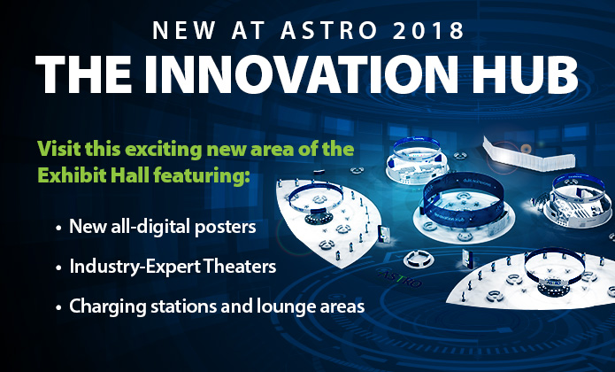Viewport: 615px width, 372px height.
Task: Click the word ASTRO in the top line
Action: pyautogui.click(x=328, y=30)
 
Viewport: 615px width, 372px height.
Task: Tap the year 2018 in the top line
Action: pyautogui.click(x=428, y=30)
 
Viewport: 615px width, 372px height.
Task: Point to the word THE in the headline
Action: pyautogui.click(x=84, y=74)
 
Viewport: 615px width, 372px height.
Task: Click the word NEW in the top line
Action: pyautogui.click(x=184, y=30)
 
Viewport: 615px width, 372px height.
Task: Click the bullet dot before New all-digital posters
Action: pyautogui.click(x=58, y=228)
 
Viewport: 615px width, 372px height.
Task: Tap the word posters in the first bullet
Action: pyautogui.click(x=226, y=227)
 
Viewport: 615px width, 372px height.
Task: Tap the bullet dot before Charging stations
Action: pyautogui.click(x=58, y=307)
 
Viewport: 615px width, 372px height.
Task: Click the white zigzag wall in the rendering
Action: pyautogui.click(x=527, y=156)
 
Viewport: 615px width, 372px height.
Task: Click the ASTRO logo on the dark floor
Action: pyautogui.click(x=400, y=278)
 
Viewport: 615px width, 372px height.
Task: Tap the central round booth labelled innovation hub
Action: pyautogui.click(x=464, y=206)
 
